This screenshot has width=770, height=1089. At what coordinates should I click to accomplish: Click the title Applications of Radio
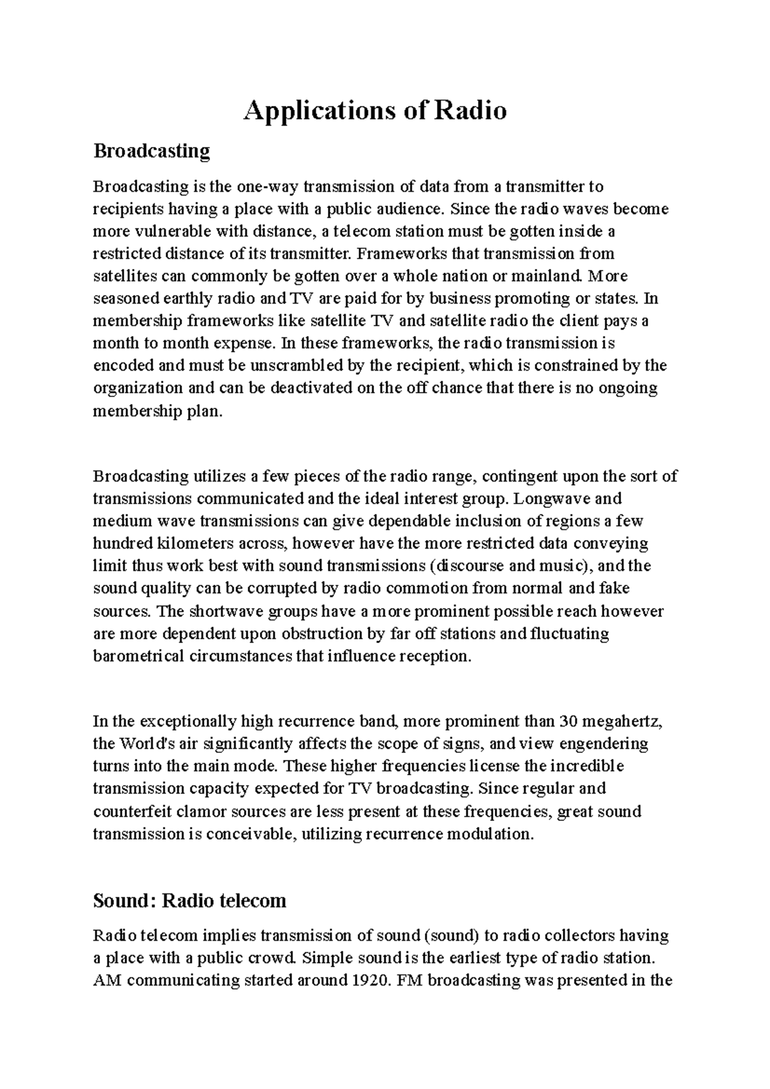(x=375, y=111)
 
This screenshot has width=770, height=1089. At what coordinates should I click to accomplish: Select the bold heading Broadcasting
(x=151, y=151)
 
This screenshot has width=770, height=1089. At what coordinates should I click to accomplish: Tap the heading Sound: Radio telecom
(x=189, y=900)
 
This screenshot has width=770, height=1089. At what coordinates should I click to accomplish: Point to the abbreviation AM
(x=105, y=980)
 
